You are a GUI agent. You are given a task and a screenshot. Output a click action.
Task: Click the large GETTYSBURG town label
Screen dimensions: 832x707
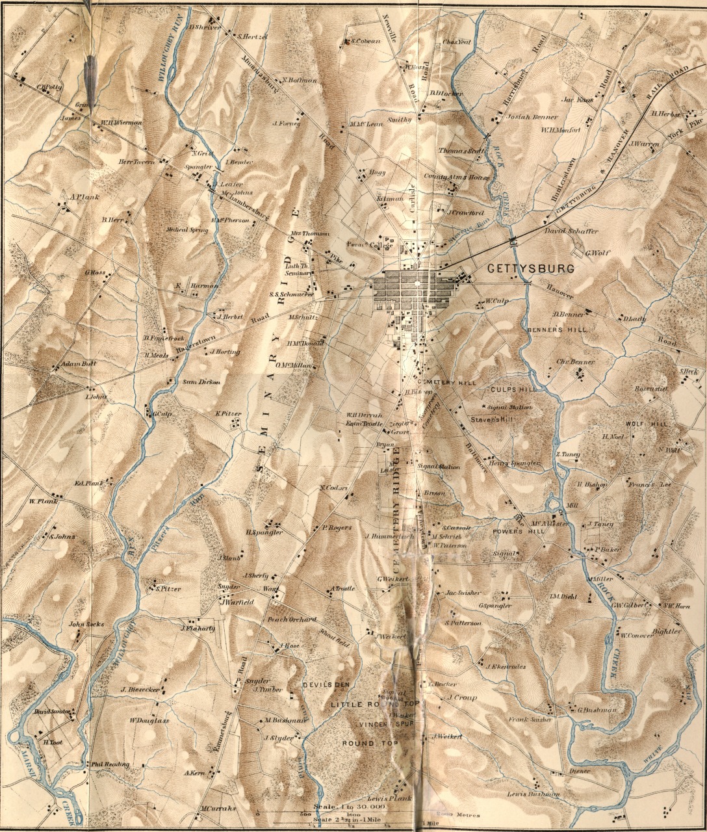click(x=531, y=268)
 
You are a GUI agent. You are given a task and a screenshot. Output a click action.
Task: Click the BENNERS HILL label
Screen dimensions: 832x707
click(x=557, y=330)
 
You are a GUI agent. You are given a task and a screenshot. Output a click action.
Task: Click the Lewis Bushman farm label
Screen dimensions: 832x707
click(x=533, y=794)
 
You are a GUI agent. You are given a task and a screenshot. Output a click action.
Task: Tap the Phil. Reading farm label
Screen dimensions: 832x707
click(x=110, y=764)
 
